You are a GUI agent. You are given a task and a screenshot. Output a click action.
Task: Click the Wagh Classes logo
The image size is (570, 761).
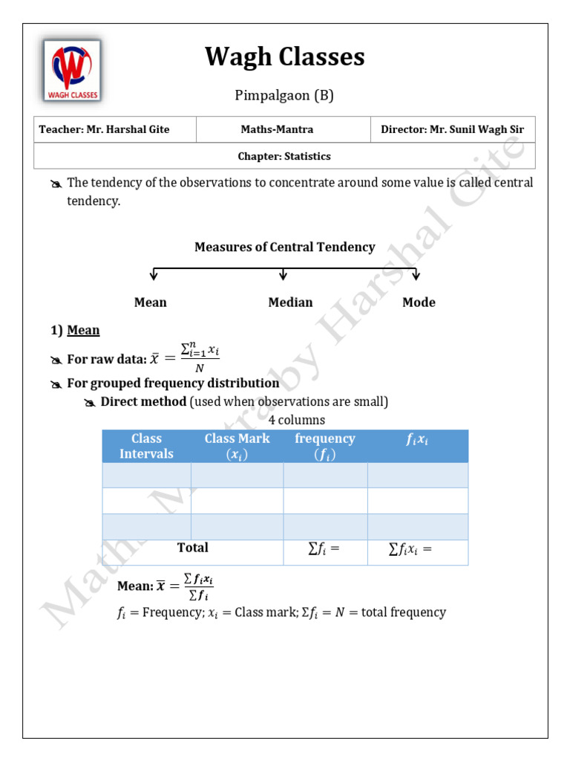(x=72, y=71)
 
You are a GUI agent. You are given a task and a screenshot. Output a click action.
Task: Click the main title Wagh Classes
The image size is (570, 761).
(x=285, y=56)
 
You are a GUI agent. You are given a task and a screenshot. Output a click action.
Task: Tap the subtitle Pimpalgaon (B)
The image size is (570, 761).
(x=285, y=95)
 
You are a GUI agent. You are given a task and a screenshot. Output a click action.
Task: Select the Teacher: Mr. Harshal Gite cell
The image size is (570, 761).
(x=105, y=129)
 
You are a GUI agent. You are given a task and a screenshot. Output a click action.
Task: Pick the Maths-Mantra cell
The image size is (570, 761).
(x=277, y=129)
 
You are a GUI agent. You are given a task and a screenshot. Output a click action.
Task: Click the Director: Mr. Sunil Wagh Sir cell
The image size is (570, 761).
(x=452, y=129)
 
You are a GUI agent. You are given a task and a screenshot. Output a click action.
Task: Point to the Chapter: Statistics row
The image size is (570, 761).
(x=284, y=156)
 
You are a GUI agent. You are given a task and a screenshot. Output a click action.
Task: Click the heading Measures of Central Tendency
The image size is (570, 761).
(x=284, y=247)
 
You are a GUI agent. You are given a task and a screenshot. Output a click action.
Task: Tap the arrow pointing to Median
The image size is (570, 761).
(x=283, y=275)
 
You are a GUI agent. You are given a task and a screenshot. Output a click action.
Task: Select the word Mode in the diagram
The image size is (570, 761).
(x=419, y=302)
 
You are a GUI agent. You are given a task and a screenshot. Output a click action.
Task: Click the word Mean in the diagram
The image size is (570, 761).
(x=150, y=302)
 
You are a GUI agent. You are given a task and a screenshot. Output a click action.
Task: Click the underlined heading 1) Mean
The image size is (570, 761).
(x=83, y=330)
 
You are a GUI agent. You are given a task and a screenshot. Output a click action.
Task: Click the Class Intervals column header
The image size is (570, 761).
(x=146, y=446)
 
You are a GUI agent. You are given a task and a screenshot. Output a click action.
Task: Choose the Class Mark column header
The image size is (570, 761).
(x=237, y=446)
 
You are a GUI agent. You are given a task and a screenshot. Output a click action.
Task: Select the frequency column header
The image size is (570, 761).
(x=325, y=446)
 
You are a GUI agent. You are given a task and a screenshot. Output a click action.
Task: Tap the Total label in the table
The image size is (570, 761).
(x=192, y=548)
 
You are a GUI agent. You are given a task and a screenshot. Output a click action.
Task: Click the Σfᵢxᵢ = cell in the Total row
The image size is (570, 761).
(x=410, y=550)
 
